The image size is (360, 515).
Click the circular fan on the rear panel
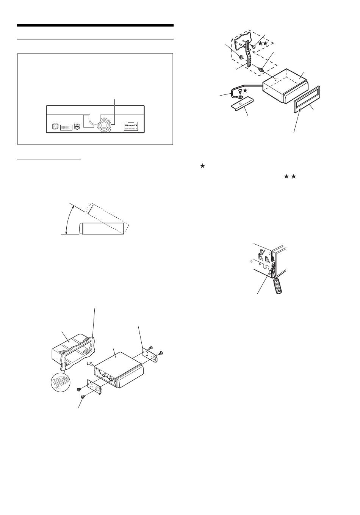point(104,124)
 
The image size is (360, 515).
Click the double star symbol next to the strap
point(263,44)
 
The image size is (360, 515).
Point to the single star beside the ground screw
point(245,90)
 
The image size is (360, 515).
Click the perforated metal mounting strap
point(248,57)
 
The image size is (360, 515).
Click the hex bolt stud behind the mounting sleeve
point(261,69)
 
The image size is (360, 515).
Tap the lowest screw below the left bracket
point(83,397)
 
